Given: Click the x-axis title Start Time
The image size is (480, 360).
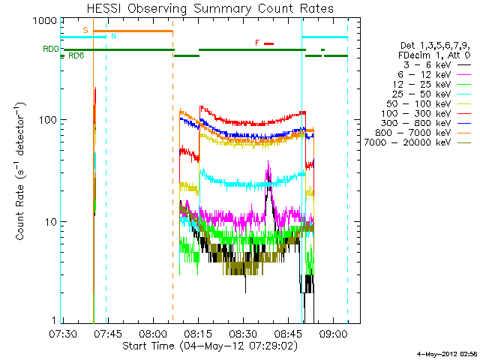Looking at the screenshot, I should click(x=210, y=346).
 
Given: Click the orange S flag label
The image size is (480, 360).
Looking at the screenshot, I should click(x=85, y=30).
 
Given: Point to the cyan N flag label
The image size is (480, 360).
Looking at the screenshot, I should click(x=113, y=36).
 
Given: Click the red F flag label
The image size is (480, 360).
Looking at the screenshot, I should click(x=257, y=43).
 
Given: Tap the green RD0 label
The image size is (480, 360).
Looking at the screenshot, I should click(x=50, y=49).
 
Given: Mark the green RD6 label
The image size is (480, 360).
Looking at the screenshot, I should click(x=76, y=55).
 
